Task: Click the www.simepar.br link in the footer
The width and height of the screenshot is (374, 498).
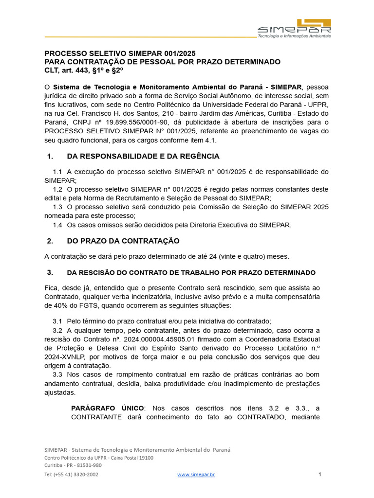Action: tap(196, 475)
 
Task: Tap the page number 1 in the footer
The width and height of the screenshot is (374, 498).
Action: tap(320, 474)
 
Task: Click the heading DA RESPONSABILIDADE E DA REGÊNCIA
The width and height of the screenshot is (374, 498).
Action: tap(143, 157)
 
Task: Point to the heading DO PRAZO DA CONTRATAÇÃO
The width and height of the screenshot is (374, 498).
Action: tap(123, 241)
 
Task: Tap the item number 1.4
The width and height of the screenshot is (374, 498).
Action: tap(57, 225)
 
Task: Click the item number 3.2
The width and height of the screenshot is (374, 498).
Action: tap(57, 330)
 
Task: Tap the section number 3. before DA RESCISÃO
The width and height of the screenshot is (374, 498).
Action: tap(50, 273)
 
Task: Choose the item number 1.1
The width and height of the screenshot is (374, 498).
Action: tap(57, 172)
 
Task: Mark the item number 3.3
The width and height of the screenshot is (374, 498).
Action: tap(57, 374)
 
